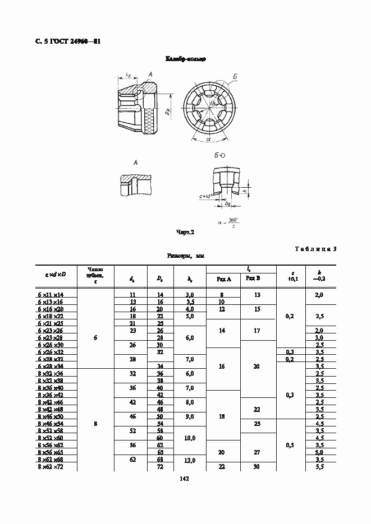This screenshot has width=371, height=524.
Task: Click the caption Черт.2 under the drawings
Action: point(185,231)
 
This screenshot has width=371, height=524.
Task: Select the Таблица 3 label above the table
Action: point(315,249)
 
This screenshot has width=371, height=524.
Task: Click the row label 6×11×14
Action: point(51,294)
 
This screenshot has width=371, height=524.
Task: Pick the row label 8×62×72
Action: point(51,466)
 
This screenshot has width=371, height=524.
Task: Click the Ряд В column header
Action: point(257,279)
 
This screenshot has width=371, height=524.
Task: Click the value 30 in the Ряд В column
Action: point(257,466)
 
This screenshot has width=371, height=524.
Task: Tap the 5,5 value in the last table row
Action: point(319,466)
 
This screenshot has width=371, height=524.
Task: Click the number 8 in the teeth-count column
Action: point(95,424)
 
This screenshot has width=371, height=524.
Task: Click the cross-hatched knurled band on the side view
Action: point(149,121)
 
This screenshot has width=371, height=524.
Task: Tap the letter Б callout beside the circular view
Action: point(235,76)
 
